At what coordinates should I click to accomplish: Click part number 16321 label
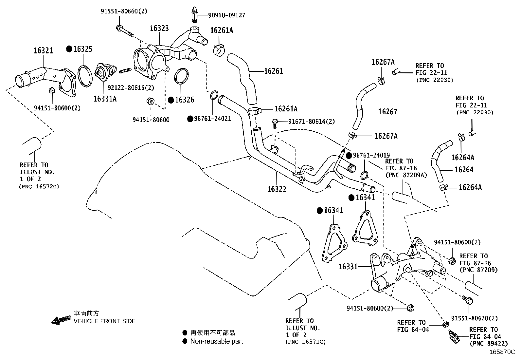tap(43, 50)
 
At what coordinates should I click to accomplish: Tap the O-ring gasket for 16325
tap(84, 76)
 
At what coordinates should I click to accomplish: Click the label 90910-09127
tap(226, 15)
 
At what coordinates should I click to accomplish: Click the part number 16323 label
tap(159, 28)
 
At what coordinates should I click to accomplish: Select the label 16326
tap(184, 100)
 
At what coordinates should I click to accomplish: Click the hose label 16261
tap(274, 71)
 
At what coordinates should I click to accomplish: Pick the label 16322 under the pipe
tap(277, 189)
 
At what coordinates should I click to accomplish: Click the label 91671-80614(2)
tap(312, 122)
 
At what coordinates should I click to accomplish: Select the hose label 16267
tap(387, 112)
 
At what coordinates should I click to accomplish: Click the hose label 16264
tap(464, 170)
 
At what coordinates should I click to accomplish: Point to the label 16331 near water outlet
tap(348, 267)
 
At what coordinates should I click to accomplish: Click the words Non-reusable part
tap(216, 341)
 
